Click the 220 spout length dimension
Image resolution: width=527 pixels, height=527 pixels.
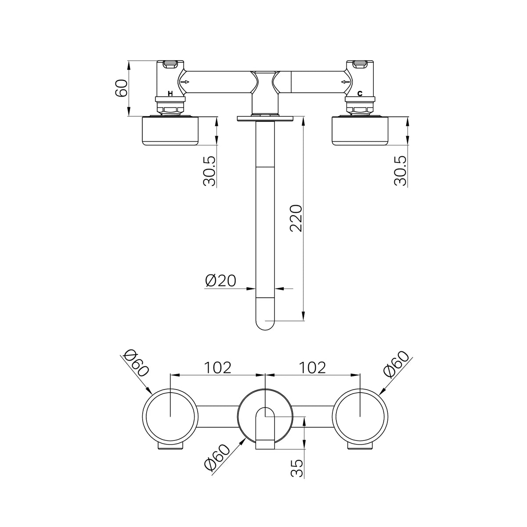[296, 218]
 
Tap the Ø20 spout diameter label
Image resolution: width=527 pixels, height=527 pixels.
[220, 281]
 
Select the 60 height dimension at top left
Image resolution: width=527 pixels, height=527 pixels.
[121, 88]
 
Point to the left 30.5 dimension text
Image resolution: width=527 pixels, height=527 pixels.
[209, 171]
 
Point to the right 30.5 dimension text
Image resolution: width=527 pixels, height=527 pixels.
[401, 171]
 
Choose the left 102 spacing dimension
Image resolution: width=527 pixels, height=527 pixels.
[218, 368]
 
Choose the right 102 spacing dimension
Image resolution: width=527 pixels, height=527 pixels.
[313, 368]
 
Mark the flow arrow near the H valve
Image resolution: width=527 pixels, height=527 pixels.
[185, 82]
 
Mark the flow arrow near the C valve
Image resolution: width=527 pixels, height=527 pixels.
[346, 82]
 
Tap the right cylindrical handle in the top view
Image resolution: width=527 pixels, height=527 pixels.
[360, 131]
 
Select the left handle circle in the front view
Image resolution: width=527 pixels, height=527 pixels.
[142, 416]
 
